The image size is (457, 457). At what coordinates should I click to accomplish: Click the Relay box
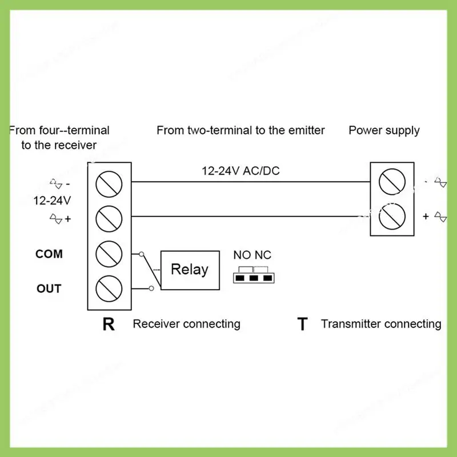(x=190, y=269)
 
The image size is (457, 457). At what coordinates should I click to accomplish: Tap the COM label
(x=49, y=254)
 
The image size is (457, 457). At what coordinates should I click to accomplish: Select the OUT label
(x=49, y=288)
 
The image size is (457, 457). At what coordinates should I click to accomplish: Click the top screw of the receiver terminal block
(x=109, y=183)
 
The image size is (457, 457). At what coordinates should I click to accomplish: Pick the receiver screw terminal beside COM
(x=109, y=254)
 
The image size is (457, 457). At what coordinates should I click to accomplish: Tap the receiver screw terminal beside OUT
(x=109, y=288)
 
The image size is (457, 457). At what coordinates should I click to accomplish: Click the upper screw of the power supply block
(x=392, y=181)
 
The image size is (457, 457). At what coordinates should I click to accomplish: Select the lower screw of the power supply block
(x=392, y=216)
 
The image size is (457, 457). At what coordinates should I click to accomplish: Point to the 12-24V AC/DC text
(x=240, y=171)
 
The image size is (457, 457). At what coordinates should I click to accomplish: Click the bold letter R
(x=109, y=324)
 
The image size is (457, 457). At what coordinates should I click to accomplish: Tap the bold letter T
(x=302, y=324)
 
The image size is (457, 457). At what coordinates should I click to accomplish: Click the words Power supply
(x=384, y=130)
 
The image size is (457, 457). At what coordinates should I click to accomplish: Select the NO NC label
(x=252, y=255)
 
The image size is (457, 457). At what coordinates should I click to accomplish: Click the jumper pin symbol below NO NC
(x=252, y=278)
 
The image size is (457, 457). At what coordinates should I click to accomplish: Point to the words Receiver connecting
(x=186, y=324)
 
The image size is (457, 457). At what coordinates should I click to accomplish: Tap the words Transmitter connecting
(x=381, y=324)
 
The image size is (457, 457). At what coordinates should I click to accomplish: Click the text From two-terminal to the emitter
(x=240, y=130)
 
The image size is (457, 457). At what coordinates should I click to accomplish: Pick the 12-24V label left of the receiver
(x=52, y=201)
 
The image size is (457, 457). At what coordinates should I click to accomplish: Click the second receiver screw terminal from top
(x=109, y=218)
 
